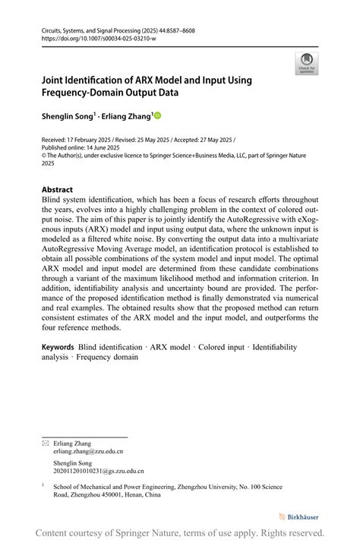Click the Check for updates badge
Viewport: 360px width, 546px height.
(306, 64)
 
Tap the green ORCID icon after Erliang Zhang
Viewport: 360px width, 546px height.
(158, 116)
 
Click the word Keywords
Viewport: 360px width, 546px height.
(58, 347)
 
